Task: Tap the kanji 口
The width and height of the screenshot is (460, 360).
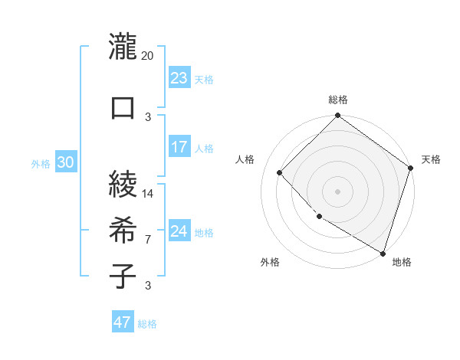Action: [x=123, y=106]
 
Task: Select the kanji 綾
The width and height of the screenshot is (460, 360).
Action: [x=123, y=183]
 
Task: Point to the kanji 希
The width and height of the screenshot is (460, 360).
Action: [x=123, y=230]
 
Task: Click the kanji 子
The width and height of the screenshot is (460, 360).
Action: [x=123, y=276]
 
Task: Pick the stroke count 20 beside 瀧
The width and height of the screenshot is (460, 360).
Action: [x=148, y=56]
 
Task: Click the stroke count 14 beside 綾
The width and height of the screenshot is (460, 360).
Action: [x=148, y=193]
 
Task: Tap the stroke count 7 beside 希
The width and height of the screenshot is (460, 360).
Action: [x=148, y=240]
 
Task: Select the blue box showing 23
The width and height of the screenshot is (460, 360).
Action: [x=179, y=78]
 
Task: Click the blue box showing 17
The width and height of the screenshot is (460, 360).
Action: [x=179, y=147]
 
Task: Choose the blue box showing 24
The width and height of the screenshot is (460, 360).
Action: [x=179, y=231]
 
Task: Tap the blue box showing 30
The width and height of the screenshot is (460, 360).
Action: [x=65, y=163]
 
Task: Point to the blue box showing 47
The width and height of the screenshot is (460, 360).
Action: [x=122, y=322]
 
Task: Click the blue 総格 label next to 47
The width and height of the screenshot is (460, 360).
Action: [x=147, y=324]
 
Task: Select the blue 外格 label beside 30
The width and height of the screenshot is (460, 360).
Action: [x=41, y=164]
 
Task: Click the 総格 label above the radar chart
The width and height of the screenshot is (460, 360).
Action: [x=338, y=100]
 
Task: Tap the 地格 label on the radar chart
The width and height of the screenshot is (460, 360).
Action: [x=402, y=262]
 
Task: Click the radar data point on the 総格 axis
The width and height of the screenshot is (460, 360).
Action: [x=337, y=116]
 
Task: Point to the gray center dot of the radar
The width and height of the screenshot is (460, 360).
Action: [x=337, y=191]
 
